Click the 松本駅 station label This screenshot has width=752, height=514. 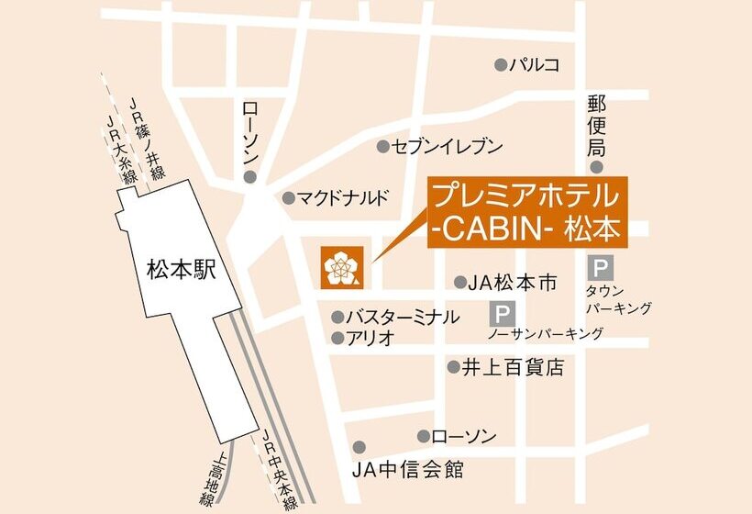coord(180,270)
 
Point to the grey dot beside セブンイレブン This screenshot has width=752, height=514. coord(382,147)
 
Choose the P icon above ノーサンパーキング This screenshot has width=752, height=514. coord(502,314)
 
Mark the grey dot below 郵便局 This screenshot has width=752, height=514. coord(597,167)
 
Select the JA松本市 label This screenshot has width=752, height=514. coord(512,284)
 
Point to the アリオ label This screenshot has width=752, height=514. coord(370,338)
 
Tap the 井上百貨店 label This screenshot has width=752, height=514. coord(512,368)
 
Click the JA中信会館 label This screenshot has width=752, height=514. coord(408,471)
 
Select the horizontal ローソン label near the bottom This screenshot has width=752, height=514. coord(464,437)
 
